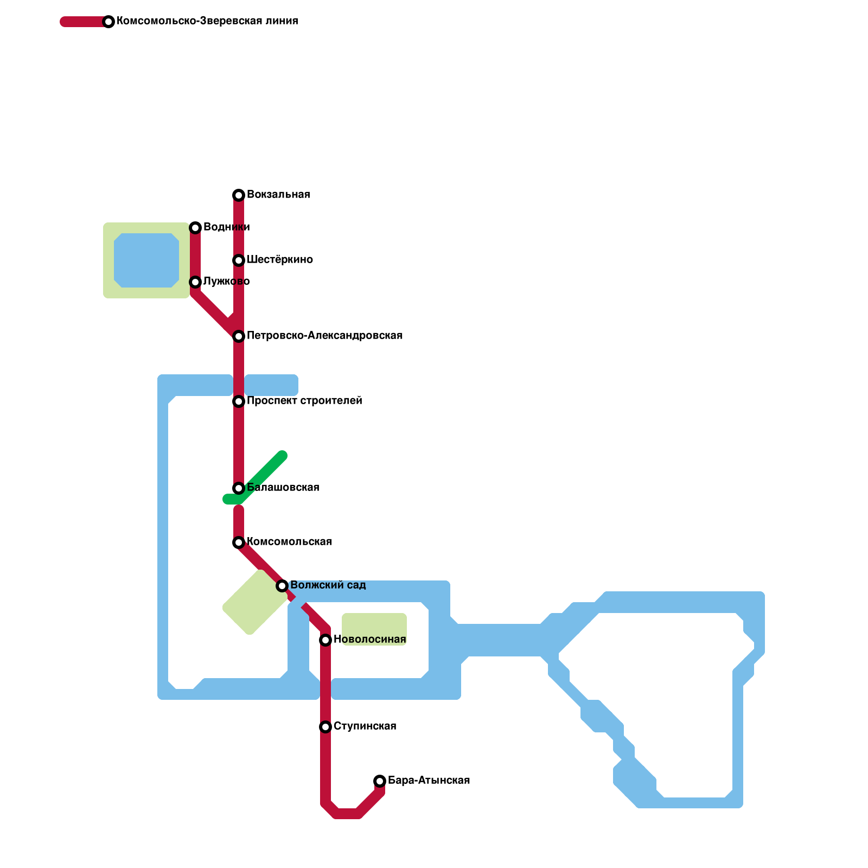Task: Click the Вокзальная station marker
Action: [x=239, y=195]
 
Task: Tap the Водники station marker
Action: [x=195, y=228]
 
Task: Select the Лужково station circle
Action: [x=195, y=282]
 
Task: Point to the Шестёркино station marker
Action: [x=239, y=260]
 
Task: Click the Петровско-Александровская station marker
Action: [x=239, y=336]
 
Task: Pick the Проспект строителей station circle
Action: [x=239, y=401]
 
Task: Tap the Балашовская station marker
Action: [x=239, y=488]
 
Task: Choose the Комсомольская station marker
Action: [x=239, y=542]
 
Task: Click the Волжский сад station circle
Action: [x=282, y=586]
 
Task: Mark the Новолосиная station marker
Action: [x=325, y=640]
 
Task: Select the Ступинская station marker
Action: [x=325, y=727]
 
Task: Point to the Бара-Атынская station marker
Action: [x=380, y=781]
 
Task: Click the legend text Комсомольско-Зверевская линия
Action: [x=207, y=21]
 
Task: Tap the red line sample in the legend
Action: [x=84, y=22]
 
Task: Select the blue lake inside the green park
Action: [x=146, y=260]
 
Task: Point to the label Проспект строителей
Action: [x=304, y=401]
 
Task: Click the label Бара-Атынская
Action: [x=429, y=780]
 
